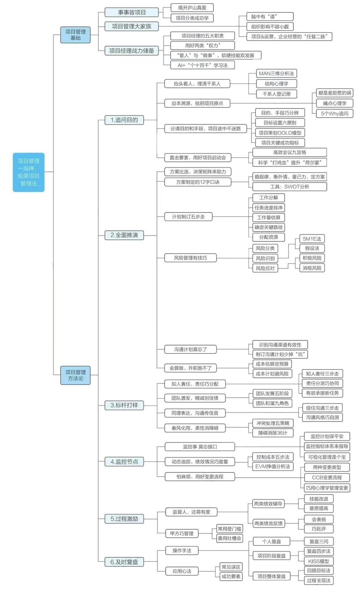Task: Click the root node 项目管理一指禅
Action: click(29, 172)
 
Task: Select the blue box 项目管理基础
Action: click(75, 35)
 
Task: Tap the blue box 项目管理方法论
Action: click(75, 375)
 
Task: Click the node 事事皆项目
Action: click(132, 12)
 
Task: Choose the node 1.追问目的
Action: click(124, 120)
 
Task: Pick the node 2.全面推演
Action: click(124, 235)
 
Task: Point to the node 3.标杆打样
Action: click(124, 405)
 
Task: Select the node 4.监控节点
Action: click(124, 462)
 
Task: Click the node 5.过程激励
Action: click(124, 519)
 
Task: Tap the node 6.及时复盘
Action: click(124, 562)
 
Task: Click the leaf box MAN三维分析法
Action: click(276, 74)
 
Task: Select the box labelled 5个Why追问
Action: click(334, 114)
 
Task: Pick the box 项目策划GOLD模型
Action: click(280, 133)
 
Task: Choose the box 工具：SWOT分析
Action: click(290, 187)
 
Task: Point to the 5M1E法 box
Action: click(312, 239)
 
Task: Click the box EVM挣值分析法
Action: click(273, 466)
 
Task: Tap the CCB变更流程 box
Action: click(327, 477)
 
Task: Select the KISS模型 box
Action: click(319, 561)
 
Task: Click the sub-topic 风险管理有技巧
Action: click(190, 258)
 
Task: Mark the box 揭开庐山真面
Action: click(192, 8)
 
